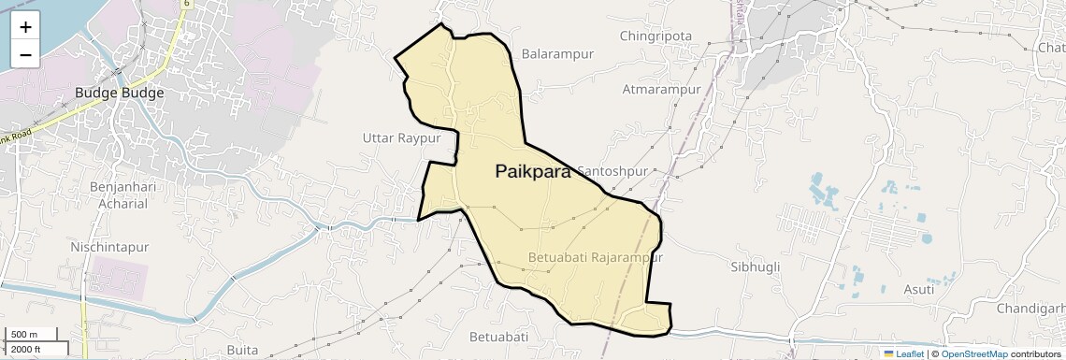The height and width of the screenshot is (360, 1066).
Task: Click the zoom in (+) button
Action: (x=25, y=27)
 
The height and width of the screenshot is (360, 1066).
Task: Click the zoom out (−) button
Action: (x=25, y=54)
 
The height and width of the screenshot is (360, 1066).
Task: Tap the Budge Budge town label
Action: (x=120, y=94)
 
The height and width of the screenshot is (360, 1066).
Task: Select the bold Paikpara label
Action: (x=532, y=171)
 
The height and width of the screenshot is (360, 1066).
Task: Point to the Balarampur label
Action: (x=558, y=54)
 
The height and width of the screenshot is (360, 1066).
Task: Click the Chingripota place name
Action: (x=655, y=36)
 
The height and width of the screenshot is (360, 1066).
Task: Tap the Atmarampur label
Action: (x=662, y=90)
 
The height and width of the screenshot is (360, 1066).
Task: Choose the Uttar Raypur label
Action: (x=401, y=138)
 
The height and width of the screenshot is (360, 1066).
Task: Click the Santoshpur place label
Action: (x=613, y=172)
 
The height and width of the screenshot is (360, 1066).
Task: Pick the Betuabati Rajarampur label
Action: (x=595, y=257)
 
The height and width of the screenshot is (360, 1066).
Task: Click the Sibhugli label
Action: (x=754, y=266)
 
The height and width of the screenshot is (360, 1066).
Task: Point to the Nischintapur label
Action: (x=109, y=247)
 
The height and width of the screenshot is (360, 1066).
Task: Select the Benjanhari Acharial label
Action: (x=119, y=195)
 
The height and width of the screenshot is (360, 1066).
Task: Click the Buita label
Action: (x=242, y=350)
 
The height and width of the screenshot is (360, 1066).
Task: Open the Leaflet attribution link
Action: (x=903, y=353)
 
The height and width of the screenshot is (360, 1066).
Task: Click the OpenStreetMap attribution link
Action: (x=973, y=353)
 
